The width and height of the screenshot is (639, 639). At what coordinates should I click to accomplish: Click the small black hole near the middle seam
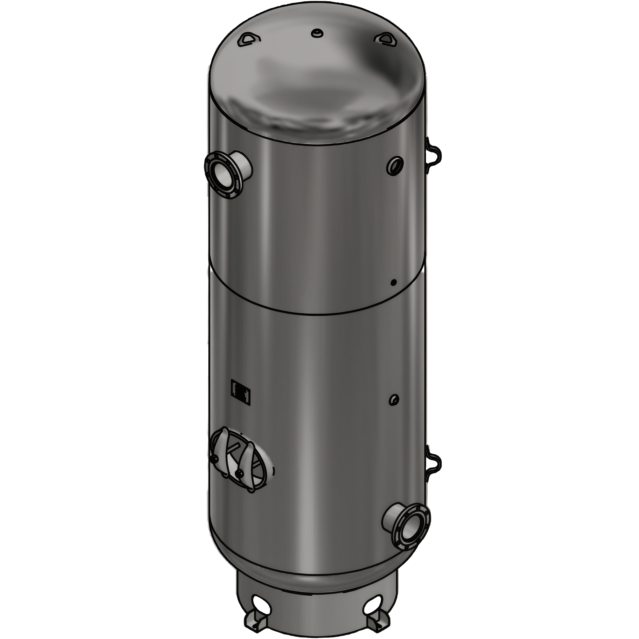click(393, 282)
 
